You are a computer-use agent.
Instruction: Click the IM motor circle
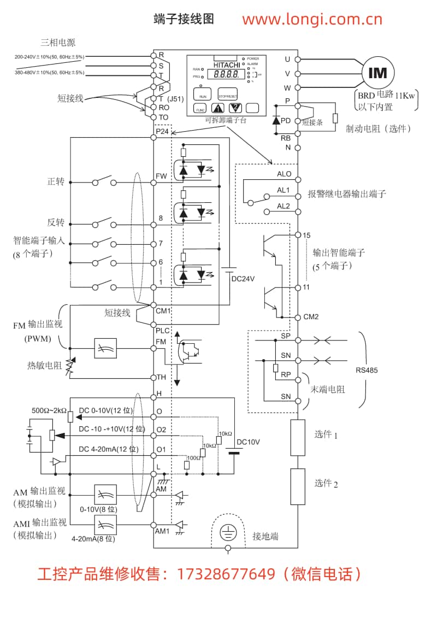377,73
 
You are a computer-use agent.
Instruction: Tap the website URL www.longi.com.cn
312,20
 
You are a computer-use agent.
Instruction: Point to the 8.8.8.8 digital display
226,74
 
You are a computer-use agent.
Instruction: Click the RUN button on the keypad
203,95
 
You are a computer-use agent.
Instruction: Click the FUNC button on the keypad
200,109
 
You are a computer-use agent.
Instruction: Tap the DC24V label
243,278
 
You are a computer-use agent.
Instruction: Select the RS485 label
367,370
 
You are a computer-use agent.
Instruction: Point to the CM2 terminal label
311,317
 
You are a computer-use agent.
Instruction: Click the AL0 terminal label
284,174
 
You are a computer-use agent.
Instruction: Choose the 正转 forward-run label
56,181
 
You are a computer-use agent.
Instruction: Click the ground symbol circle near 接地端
227,533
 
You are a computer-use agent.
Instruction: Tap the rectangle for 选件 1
297,438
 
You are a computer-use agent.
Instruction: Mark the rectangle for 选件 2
297,486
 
